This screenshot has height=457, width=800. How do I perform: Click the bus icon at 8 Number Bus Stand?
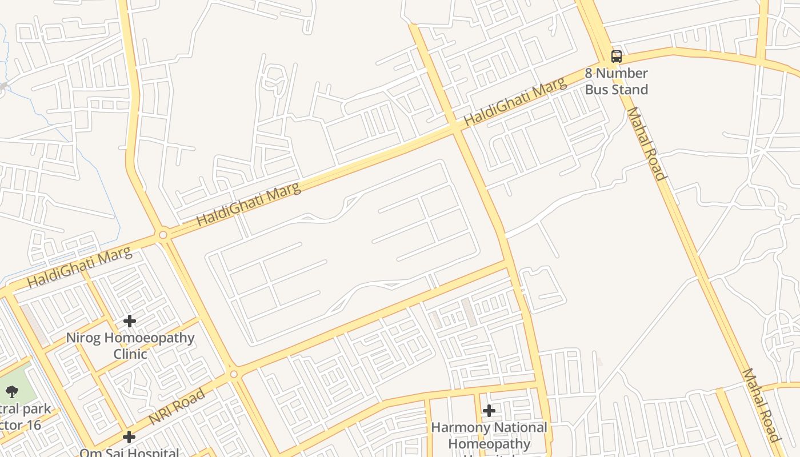click(x=616, y=56)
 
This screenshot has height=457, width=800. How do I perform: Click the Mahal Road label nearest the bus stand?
click(x=646, y=144)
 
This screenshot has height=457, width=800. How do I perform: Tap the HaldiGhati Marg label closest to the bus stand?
click(x=515, y=102)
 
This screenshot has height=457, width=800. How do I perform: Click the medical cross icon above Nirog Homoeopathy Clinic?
click(x=130, y=321)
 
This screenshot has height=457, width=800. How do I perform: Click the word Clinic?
click(x=130, y=354)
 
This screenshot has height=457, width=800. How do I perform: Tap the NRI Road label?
click(x=177, y=407)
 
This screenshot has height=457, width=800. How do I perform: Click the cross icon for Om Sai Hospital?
click(x=129, y=437)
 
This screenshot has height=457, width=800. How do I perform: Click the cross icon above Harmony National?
click(x=489, y=410)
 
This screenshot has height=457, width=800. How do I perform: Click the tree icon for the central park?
click(x=12, y=391)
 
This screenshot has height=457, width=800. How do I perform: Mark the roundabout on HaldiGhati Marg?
click(x=163, y=235)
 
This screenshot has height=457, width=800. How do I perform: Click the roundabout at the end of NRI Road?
click(x=233, y=374)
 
